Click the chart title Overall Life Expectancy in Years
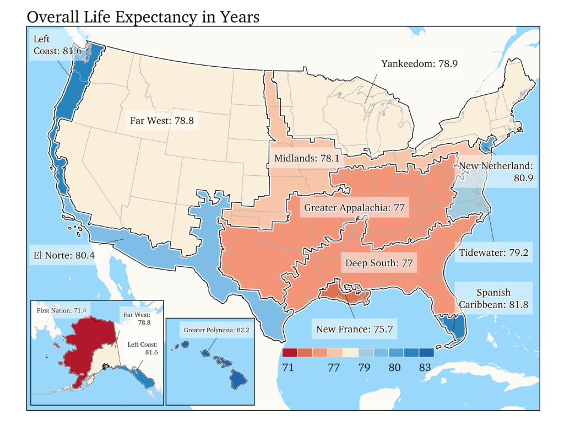coord(143,17)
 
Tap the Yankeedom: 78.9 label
coord(420,64)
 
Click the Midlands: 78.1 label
coord(306,159)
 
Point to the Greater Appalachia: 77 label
coord(354,208)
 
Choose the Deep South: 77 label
coord(379,263)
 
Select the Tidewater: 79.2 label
coord(493,253)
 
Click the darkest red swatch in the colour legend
coord(289,353)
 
